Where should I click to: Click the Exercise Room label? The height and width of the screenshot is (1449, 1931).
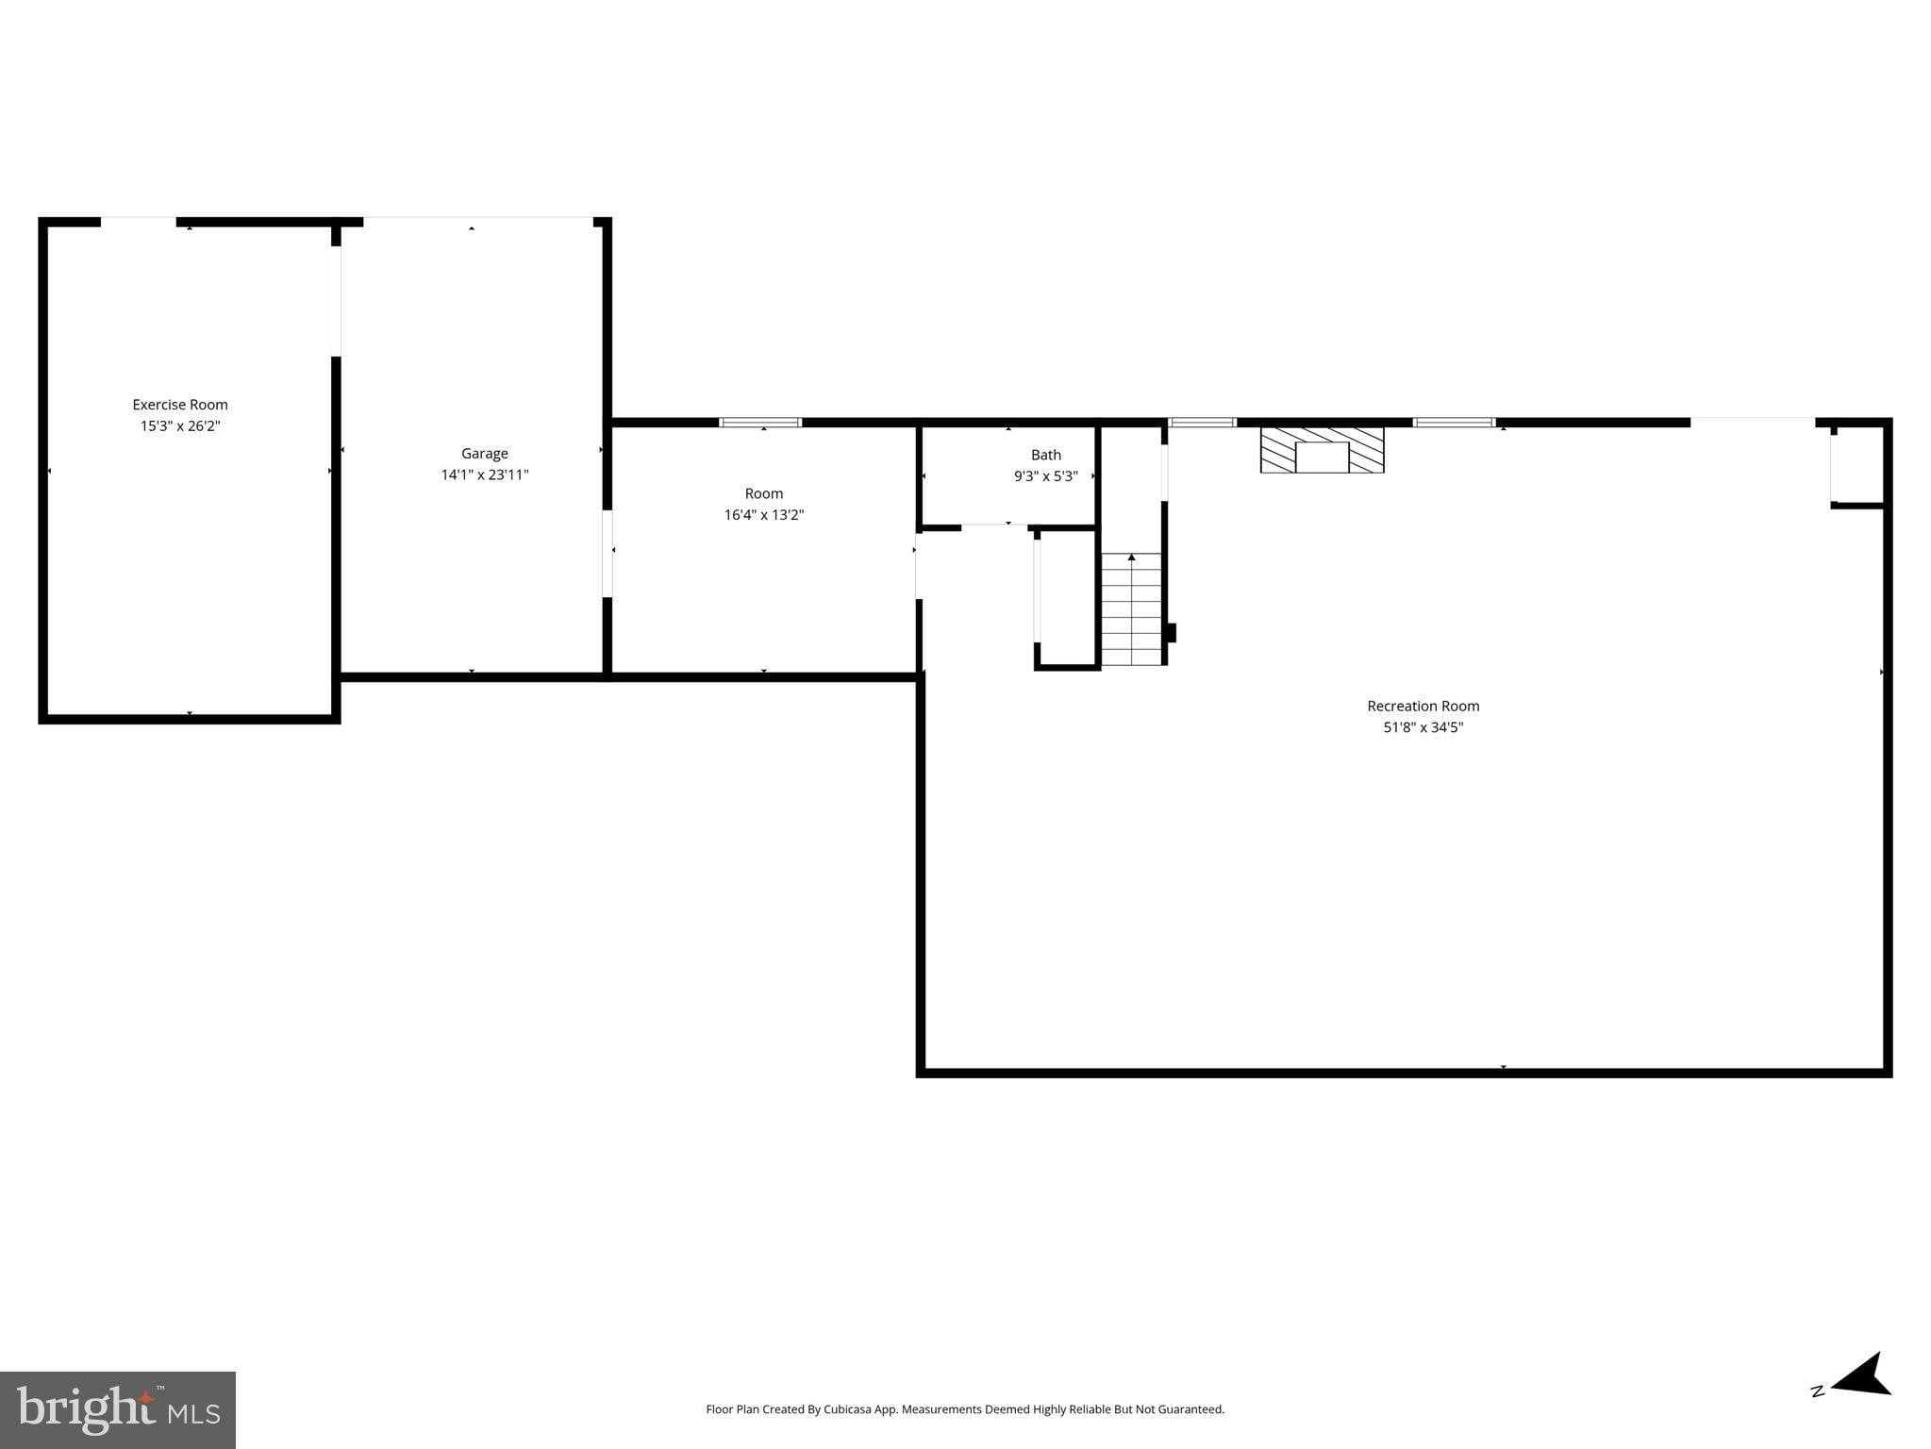click(x=179, y=405)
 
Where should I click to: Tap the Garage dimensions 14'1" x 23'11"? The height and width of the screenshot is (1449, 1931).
click(x=484, y=475)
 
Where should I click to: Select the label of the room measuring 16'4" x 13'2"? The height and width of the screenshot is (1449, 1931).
click(x=763, y=493)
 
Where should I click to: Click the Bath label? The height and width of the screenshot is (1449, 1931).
click(x=1045, y=455)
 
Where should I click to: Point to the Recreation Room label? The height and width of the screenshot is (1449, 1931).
click(x=1423, y=706)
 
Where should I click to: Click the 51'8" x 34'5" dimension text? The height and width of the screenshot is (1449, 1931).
click(x=1423, y=727)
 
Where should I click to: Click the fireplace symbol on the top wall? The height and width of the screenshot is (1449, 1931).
click(x=1322, y=450)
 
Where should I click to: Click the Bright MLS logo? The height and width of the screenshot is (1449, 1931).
click(x=118, y=1409)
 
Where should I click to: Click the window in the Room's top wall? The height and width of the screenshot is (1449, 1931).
click(x=760, y=423)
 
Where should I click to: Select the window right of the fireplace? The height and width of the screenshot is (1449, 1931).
click(x=1453, y=423)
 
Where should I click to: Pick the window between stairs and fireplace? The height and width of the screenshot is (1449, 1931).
click(x=1202, y=423)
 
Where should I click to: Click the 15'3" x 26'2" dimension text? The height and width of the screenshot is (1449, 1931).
click(x=179, y=426)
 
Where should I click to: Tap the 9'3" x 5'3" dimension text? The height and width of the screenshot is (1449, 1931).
click(x=1045, y=476)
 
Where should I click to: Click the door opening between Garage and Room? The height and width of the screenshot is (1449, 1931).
click(x=608, y=554)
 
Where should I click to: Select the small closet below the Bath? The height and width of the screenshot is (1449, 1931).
click(x=1067, y=598)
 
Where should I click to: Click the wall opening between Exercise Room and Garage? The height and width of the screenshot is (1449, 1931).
click(x=335, y=301)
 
